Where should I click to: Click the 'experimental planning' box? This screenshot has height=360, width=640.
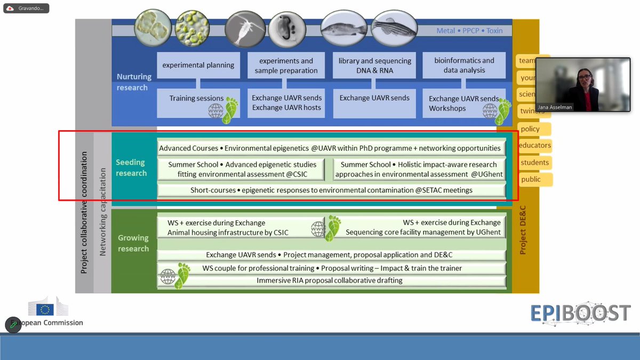pyautogui.click(x=198, y=65)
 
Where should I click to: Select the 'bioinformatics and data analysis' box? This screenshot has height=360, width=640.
pyautogui.click(x=464, y=65)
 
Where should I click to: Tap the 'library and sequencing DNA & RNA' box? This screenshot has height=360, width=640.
pyautogui.click(x=374, y=65)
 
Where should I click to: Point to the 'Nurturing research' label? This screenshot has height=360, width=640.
pyautogui.click(x=134, y=82)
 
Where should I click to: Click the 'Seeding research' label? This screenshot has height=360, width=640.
pyautogui.click(x=131, y=167)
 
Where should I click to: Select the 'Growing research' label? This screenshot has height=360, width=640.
pyautogui.click(x=133, y=243)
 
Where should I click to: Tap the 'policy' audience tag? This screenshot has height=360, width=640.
pyautogui.click(x=530, y=129)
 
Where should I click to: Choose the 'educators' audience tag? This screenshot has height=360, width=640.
pyautogui.click(x=534, y=146)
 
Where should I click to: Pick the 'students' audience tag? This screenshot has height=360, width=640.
pyautogui.click(x=534, y=163)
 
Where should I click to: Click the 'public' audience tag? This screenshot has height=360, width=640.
pyautogui.click(x=531, y=179)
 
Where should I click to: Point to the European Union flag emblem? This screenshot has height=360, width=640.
pyautogui.click(x=45, y=309)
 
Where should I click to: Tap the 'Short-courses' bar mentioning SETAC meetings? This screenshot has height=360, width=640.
pyautogui.click(x=331, y=190)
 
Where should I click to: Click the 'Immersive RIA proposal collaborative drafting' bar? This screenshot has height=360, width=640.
pyautogui.click(x=329, y=281)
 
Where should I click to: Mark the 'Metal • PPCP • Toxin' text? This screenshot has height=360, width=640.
pyautogui.click(x=469, y=30)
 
